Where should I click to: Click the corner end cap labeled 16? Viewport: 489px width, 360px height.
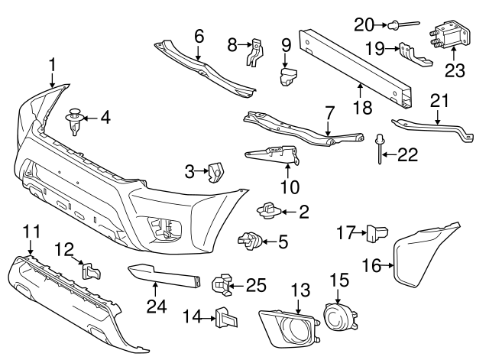coord(426,254)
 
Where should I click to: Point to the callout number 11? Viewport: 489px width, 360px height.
coord(31,229)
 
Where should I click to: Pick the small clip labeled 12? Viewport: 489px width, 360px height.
coord(90,271)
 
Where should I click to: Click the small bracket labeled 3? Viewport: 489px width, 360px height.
coord(215,174)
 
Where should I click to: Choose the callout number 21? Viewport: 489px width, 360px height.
coord(437,100)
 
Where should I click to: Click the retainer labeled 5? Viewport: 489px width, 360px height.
coord(249,242)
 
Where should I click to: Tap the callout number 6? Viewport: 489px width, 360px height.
coord(199,35)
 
